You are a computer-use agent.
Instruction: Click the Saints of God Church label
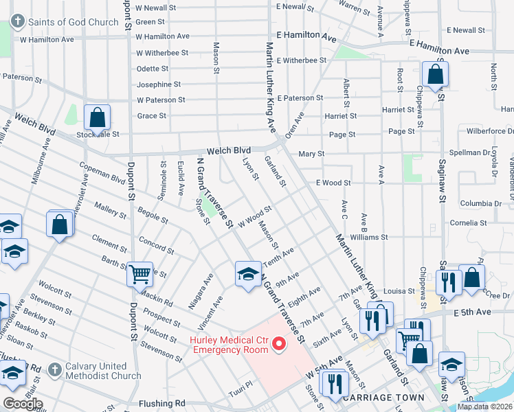point(73,22)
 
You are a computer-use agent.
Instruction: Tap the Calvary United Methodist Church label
point(103,371)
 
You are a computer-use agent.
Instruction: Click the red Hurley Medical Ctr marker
point(279,343)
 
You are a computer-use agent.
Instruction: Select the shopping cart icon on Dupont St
point(139,274)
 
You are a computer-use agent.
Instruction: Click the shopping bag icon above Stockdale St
point(97,117)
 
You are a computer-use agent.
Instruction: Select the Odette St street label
point(153,69)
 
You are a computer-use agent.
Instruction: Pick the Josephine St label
point(158,84)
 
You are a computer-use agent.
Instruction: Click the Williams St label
point(369,237)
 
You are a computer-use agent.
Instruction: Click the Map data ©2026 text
point(484,407)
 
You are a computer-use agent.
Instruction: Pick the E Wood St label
point(333,183)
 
